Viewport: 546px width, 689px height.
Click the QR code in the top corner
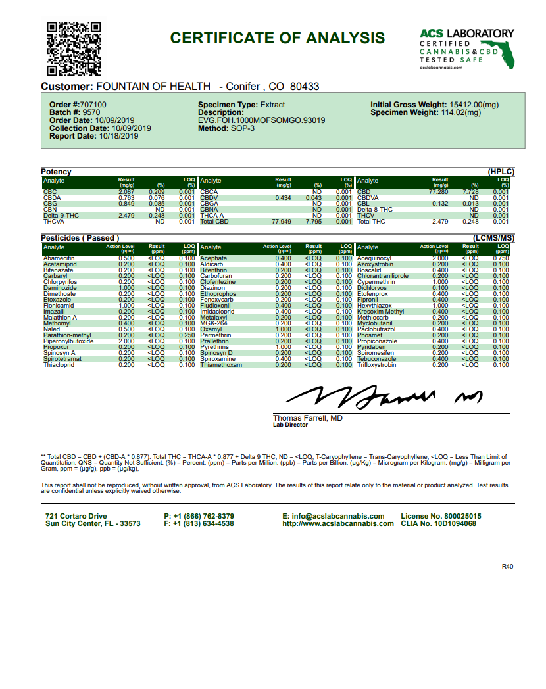click(x=74, y=49)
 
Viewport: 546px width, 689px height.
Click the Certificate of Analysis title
click(x=277, y=38)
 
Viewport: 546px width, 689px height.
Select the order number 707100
click(x=94, y=105)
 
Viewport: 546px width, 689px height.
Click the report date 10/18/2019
click(x=118, y=137)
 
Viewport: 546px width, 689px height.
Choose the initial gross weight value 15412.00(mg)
click(x=474, y=105)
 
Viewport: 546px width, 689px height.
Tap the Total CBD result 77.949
click(x=282, y=222)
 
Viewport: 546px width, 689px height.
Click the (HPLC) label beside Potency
click(x=501, y=172)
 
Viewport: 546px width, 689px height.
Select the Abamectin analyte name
click(x=59, y=258)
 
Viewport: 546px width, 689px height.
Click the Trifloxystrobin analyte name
click(x=377, y=364)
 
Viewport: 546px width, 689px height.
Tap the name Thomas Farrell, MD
click(x=307, y=418)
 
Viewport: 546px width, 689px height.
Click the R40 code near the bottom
click(x=507, y=566)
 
